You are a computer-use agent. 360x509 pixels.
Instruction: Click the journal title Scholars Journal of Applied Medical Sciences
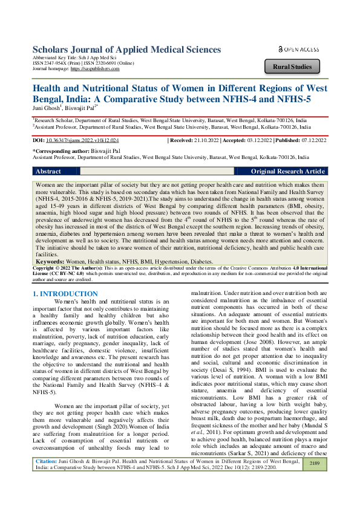(126, 50)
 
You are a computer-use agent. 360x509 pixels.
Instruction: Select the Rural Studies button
(292, 66)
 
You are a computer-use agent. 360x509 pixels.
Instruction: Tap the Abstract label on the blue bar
(48, 172)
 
